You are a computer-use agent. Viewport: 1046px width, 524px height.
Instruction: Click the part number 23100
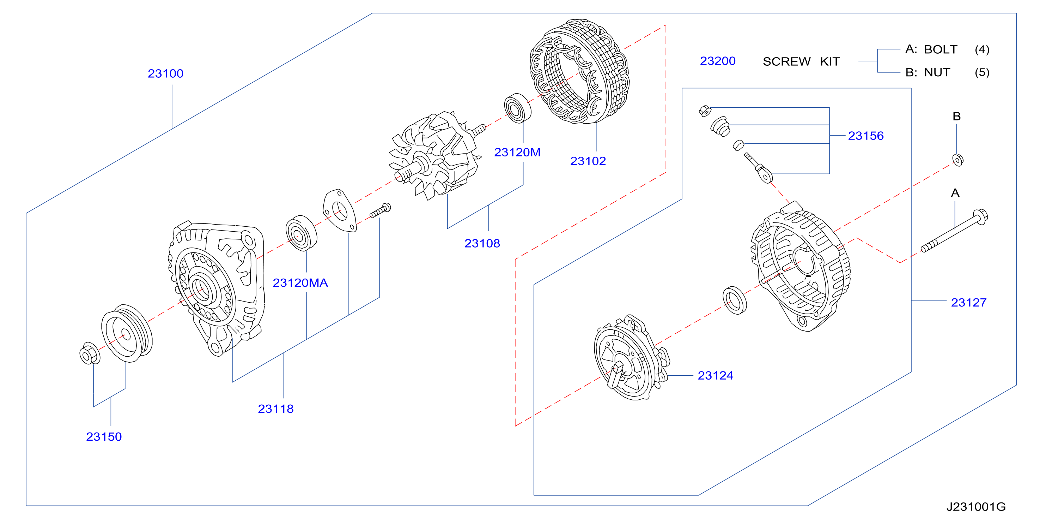pos(165,73)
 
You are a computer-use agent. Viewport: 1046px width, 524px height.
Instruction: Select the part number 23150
pos(104,436)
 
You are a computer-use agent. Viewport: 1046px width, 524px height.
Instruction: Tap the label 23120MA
pos(300,283)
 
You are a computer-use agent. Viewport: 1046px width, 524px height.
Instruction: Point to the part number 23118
pos(276,409)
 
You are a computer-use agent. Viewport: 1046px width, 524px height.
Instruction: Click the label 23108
pos(482,244)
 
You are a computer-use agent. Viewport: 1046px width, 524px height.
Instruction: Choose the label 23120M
pos(517,153)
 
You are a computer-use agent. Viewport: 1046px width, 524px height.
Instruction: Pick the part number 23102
pos(588,161)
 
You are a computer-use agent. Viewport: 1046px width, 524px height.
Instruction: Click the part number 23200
pos(718,61)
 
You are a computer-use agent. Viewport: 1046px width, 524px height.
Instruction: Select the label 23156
pos(866,136)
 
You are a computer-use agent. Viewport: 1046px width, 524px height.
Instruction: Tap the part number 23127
pos(969,303)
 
